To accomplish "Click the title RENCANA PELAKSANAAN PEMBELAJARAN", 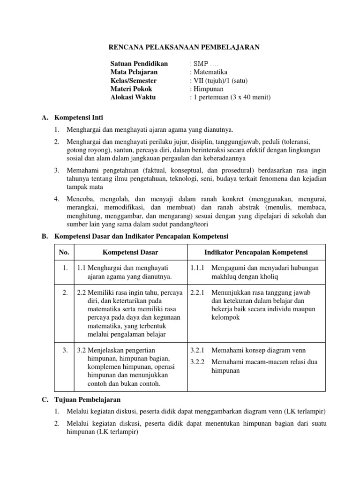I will pos(184,47).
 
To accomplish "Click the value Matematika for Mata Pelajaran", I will pos(210,72).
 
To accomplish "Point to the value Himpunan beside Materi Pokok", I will pos(208,89).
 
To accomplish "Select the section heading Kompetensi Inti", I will pos(79,117).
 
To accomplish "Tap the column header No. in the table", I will pos(64,252).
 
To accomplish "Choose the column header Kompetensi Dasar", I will pos(130,252).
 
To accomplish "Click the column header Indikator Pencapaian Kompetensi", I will pos(255,252).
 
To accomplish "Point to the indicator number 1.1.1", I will pos(198,268).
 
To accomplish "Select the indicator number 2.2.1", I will pos(198,292).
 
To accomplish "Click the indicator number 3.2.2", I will pos(198,361).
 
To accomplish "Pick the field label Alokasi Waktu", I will pos(133,97).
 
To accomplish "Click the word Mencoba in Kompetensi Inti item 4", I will pos(81,199).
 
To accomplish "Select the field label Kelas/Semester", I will pos(134,80).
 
